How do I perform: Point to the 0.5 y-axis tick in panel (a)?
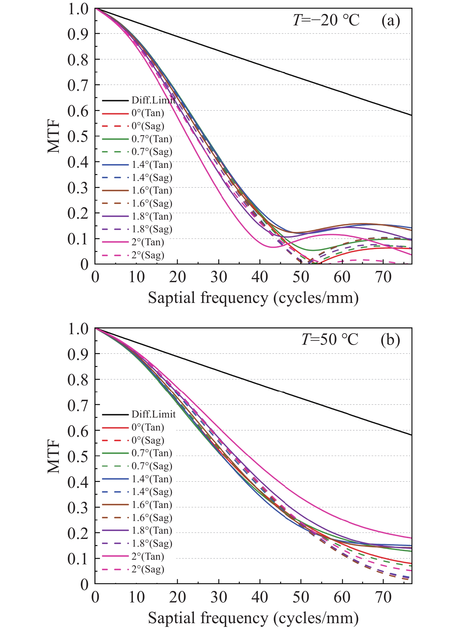pos(78,136)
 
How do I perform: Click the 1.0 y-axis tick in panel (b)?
pos(78,329)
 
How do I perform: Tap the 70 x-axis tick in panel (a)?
pos(383,277)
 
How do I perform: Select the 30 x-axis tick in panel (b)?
pos(219,597)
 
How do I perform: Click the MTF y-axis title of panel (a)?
pos(54,137)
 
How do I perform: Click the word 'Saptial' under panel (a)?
pos(172,298)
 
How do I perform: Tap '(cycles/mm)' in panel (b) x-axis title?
pos(316,618)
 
